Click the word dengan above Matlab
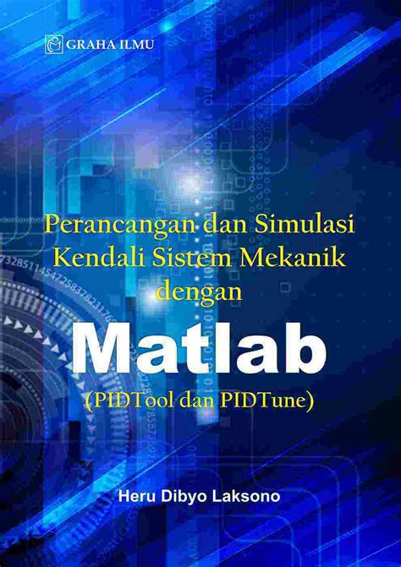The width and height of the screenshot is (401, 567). pos(200,289)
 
